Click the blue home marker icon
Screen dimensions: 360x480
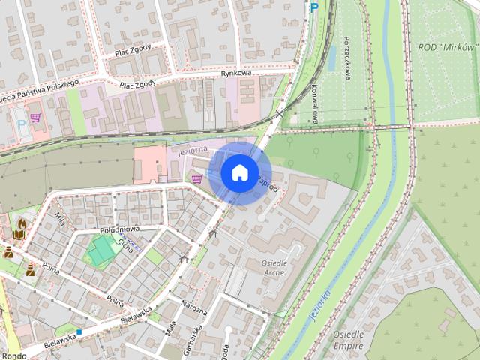tap(238, 172)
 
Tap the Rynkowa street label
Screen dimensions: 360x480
tap(235, 73)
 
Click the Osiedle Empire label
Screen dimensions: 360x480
tap(349, 340)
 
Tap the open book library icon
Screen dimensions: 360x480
tap(18, 234)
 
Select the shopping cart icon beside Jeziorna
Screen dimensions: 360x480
tap(196, 178)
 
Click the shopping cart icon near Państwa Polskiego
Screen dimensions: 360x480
tap(35, 118)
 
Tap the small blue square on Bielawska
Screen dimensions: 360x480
tap(79, 331)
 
